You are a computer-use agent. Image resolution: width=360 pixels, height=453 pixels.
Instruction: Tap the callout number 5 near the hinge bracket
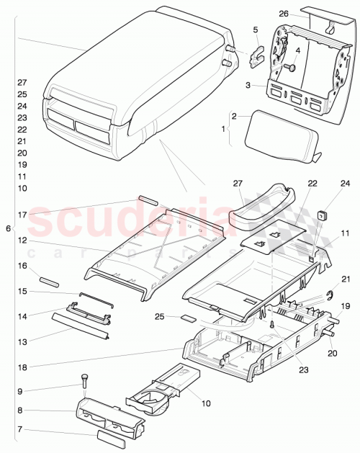coord(255,30)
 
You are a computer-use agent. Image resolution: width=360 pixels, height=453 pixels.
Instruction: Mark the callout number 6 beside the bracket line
coord(8,228)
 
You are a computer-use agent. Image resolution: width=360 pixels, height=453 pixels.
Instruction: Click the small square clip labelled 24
coord(323,213)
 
